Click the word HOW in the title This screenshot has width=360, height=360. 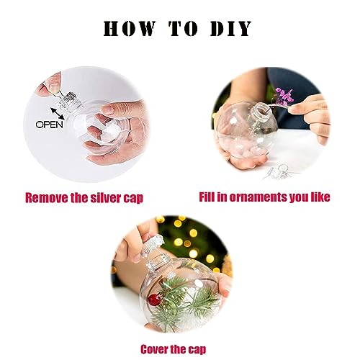(x=132, y=30)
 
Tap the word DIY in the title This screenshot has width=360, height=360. (x=230, y=30)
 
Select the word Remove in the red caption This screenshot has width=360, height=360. (x=47, y=196)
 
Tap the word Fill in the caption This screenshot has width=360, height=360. (x=210, y=196)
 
